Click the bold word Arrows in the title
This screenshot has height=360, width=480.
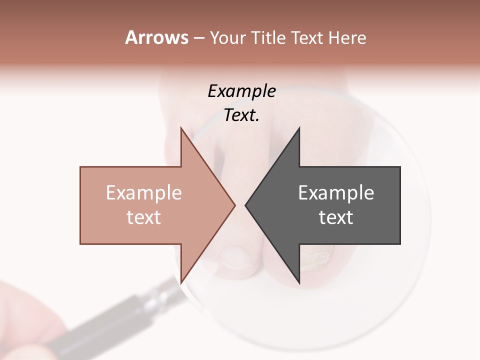(x=156, y=37)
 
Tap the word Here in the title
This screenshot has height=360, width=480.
(x=347, y=38)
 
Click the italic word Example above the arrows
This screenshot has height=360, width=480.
(x=241, y=91)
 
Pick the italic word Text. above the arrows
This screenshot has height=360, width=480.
(x=241, y=115)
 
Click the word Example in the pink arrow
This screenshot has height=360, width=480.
(x=143, y=192)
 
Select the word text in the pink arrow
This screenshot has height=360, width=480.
(x=143, y=217)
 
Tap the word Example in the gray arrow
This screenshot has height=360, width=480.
(x=336, y=192)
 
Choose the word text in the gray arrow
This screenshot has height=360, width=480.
(x=336, y=217)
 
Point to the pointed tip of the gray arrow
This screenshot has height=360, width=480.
(x=246, y=204)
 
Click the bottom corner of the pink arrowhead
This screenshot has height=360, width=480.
(x=181, y=282)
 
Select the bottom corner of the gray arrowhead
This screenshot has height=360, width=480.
(x=299, y=282)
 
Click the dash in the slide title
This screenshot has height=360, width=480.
(x=198, y=38)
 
